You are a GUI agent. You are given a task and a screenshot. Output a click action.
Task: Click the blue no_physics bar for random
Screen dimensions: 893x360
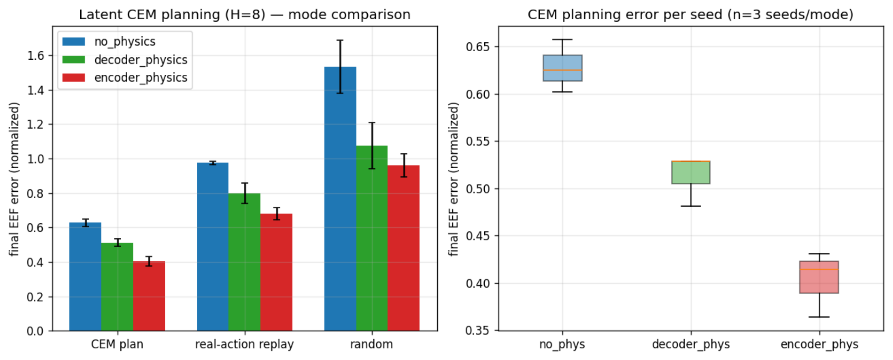tap(340, 199)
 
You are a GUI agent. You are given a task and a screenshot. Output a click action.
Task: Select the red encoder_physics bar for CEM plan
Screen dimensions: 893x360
tap(149, 296)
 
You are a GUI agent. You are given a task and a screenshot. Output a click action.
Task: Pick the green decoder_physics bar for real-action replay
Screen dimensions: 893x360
tap(244, 262)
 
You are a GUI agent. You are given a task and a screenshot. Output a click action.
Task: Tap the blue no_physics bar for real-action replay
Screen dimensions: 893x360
tap(213, 247)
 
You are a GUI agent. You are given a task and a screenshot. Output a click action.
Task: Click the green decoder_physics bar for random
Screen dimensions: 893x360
tap(372, 238)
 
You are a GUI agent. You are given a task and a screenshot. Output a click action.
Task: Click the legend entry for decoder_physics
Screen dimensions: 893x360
tap(125, 60)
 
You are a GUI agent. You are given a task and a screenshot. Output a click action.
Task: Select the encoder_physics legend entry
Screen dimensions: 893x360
tap(125, 78)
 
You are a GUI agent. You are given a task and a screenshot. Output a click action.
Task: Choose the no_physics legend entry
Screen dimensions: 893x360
tap(109, 41)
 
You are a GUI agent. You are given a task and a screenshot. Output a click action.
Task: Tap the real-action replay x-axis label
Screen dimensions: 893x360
tap(244, 344)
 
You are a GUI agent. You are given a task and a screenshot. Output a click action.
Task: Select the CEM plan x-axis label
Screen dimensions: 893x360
tap(117, 344)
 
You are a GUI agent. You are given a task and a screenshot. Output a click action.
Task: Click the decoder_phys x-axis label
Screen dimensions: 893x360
tap(691, 344)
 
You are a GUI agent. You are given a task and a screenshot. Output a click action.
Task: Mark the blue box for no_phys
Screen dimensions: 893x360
tap(562, 68)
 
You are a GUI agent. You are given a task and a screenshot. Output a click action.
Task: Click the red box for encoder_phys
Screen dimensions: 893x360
tap(819, 277)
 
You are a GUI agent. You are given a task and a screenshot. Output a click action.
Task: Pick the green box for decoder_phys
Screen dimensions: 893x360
tap(691, 173)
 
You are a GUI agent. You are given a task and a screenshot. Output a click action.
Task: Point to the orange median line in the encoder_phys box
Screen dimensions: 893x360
tap(819, 269)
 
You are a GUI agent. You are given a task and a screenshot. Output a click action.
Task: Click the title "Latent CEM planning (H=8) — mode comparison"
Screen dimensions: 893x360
tap(245, 15)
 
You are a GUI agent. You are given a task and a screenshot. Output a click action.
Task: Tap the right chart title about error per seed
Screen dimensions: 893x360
tap(691, 15)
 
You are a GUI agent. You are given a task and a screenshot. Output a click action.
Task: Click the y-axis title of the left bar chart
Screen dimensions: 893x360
tap(15, 179)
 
